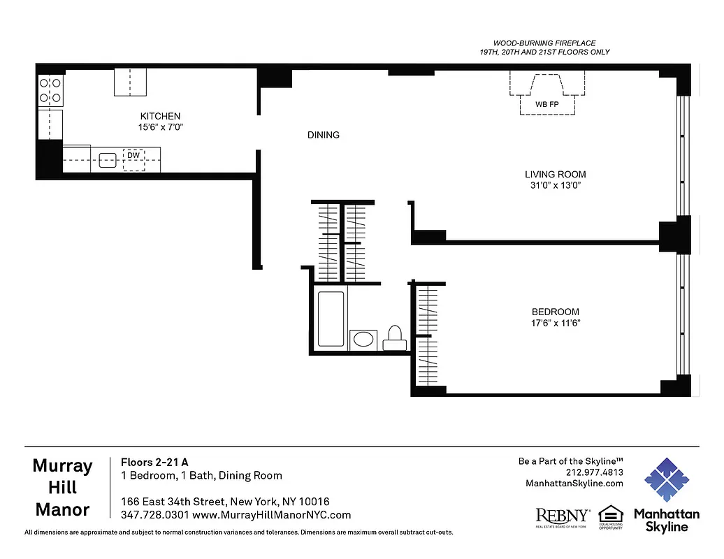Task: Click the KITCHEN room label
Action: [x=160, y=116]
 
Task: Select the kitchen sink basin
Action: [x=107, y=160]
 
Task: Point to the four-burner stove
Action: [x=50, y=90]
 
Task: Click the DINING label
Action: [x=323, y=135]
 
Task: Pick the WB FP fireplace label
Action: [x=546, y=104]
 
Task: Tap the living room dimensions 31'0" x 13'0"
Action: [x=555, y=185]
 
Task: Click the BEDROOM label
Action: [x=555, y=312]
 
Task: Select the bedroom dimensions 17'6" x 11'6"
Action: [x=556, y=323]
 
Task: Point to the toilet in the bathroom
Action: [x=395, y=337]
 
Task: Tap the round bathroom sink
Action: [x=363, y=340]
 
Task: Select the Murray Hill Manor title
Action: [x=62, y=488]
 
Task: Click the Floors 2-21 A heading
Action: [x=154, y=462]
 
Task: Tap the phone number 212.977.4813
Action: [x=594, y=472]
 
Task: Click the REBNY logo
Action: [x=562, y=517]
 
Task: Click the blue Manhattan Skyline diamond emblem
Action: [x=666, y=480]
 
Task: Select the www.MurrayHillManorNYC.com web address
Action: [x=271, y=515]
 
